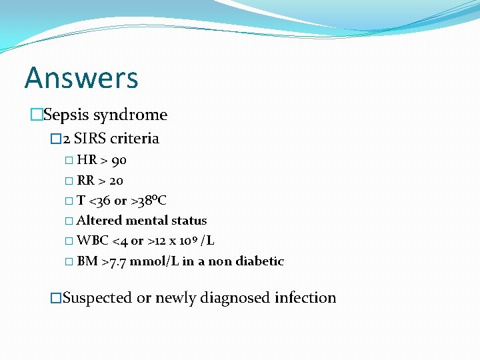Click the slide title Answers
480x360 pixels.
coord(81,77)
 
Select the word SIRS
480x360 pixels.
coord(90,139)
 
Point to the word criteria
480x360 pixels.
coord(135,139)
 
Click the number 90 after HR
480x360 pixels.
coord(119,160)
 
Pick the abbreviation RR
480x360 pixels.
coord(85,181)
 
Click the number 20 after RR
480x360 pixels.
coord(115,181)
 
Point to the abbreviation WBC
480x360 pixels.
coord(90,241)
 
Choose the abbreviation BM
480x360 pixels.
coord(87,261)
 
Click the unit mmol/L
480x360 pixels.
coord(154,261)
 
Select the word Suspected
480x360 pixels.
coord(97,297)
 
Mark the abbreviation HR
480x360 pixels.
coord(87,160)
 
